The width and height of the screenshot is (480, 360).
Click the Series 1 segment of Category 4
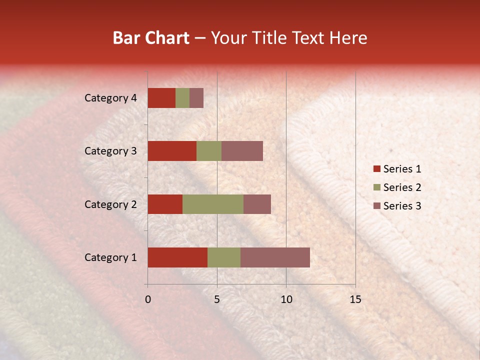[x=161, y=98]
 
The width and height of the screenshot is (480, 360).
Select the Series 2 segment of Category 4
[x=182, y=98]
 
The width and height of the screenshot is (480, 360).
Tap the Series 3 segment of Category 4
[x=196, y=98]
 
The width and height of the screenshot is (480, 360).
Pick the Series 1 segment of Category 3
[x=172, y=151]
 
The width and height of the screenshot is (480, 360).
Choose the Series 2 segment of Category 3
[x=209, y=151]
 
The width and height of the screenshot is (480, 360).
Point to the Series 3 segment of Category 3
[x=242, y=151]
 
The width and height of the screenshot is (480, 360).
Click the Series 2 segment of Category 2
[x=213, y=204]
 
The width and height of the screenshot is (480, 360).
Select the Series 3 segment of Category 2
[x=257, y=204]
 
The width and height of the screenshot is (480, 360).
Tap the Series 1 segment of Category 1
[x=177, y=257]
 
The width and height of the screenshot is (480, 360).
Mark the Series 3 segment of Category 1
[x=275, y=257]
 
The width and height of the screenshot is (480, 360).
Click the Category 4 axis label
[x=110, y=98]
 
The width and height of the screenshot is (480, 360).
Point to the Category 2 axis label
[x=110, y=204]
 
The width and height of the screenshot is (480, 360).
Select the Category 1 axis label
[x=110, y=257]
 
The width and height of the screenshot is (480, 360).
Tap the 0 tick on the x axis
[x=148, y=299]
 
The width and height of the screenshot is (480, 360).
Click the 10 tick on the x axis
[x=286, y=299]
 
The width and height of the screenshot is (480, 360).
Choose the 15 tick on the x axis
[x=355, y=299]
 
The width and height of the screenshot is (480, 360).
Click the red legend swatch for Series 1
[x=376, y=169]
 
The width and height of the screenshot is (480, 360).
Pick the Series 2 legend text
[x=402, y=187]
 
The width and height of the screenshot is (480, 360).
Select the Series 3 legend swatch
[x=376, y=206]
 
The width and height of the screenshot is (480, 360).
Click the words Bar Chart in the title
[x=151, y=38]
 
